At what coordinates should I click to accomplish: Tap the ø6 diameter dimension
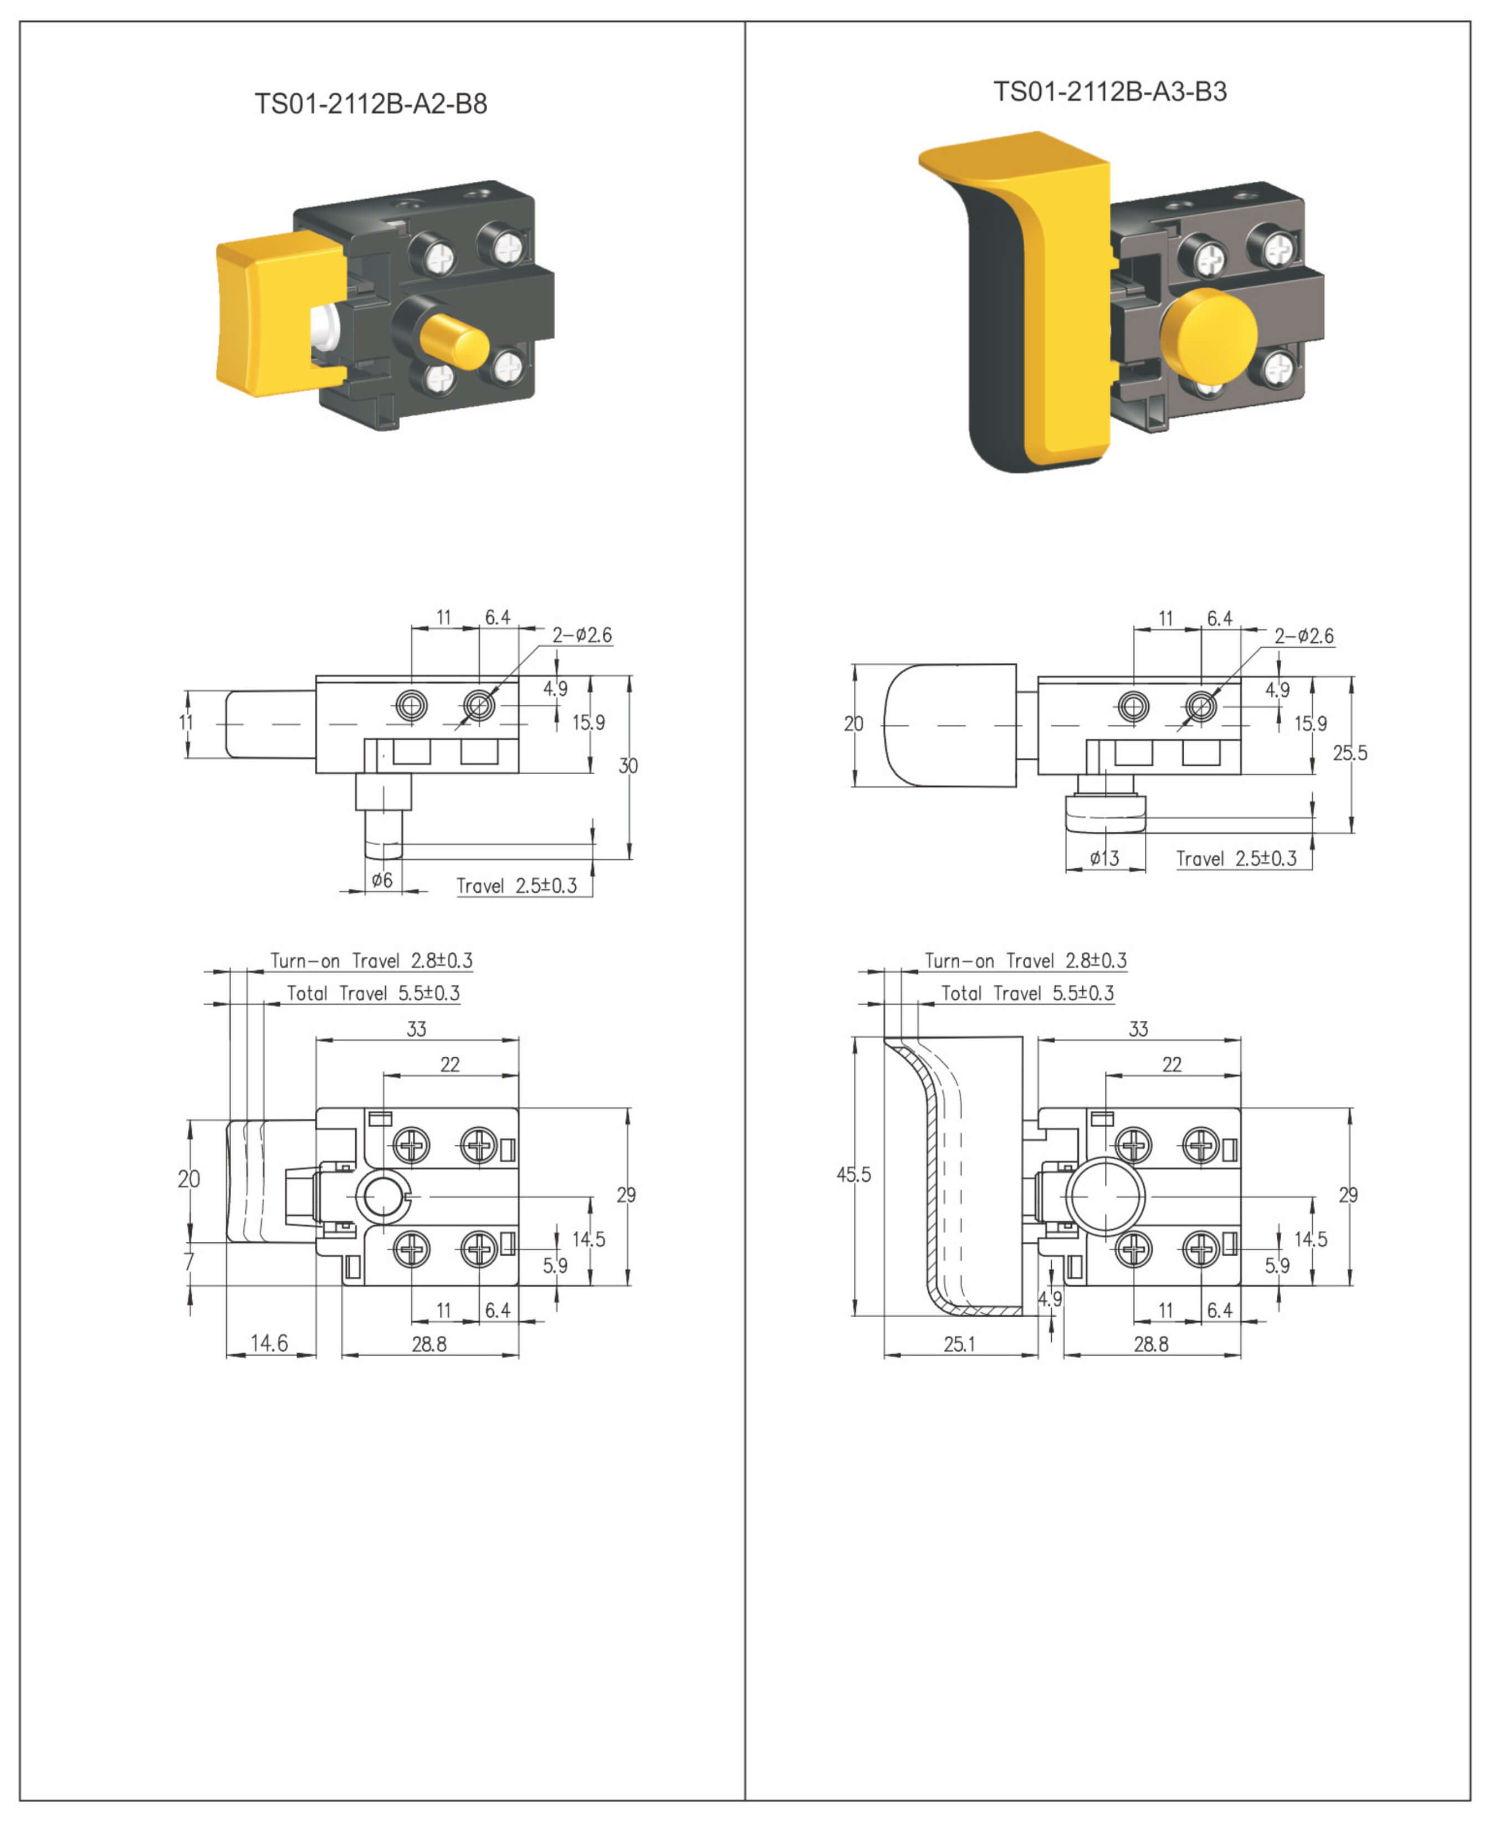[382, 880]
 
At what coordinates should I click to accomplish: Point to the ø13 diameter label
[1104, 858]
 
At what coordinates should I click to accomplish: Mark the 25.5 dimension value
[1349, 753]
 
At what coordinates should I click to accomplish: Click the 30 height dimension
[628, 766]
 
